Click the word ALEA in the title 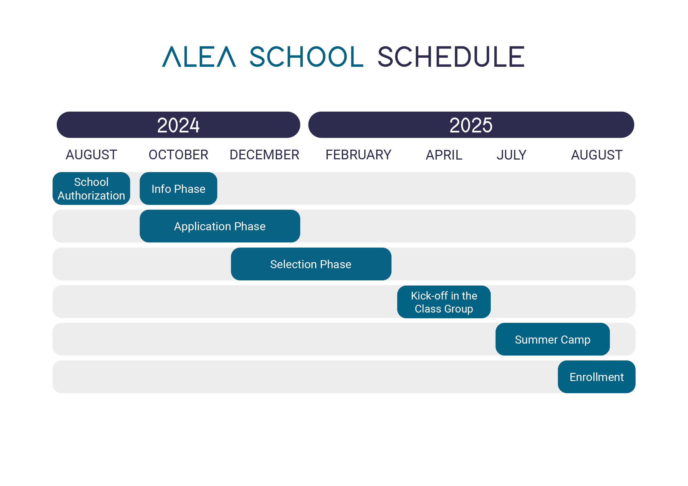click(199, 57)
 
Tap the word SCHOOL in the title click(306, 57)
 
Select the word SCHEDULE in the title click(451, 57)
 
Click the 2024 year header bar click(178, 125)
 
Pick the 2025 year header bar click(471, 125)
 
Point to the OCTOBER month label click(178, 155)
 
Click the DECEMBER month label click(264, 155)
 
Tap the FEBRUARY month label click(358, 155)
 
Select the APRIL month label click(444, 155)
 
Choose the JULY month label click(511, 155)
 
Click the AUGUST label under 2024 click(91, 155)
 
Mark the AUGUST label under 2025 click(597, 155)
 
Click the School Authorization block click(91, 188)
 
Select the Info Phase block click(178, 188)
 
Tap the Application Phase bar click(220, 226)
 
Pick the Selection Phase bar click(311, 264)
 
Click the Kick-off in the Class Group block click(444, 302)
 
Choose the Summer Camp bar click(552, 339)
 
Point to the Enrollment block click(596, 377)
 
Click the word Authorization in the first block click(91, 196)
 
